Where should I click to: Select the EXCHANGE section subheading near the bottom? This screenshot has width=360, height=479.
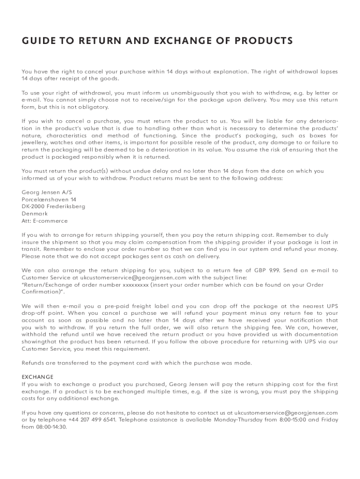38,377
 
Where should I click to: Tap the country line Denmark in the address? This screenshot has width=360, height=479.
35,213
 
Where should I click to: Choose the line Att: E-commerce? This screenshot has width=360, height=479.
45,221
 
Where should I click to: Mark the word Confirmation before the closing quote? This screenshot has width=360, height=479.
42,291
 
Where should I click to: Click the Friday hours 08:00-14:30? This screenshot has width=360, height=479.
50,427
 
